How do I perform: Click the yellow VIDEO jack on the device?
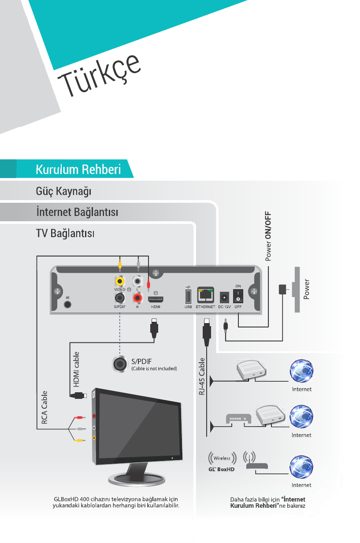pyautogui.click(x=119, y=280)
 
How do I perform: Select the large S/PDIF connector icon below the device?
pyautogui.click(x=119, y=364)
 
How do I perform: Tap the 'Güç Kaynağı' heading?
pyautogui.click(x=63, y=192)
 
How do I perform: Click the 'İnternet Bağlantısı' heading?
pyautogui.click(x=77, y=212)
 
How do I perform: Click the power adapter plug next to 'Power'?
pyautogui.click(x=282, y=289)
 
